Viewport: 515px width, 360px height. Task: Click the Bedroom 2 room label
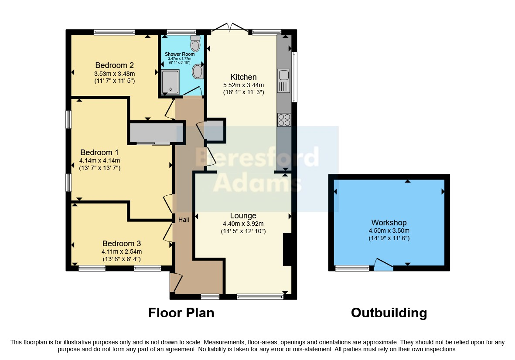pyautogui.click(x=114, y=65)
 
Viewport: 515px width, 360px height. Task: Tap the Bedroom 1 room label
pyautogui.click(x=99, y=153)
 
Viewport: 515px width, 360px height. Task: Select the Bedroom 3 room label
pyautogui.click(x=122, y=244)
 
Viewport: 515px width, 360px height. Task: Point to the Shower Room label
pyautogui.click(x=180, y=54)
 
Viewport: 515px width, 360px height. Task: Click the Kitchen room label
pyautogui.click(x=243, y=77)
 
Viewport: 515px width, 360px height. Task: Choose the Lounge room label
pyautogui.click(x=243, y=216)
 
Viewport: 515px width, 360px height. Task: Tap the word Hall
pyautogui.click(x=184, y=220)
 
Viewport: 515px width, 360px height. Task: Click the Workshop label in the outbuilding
pyautogui.click(x=389, y=223)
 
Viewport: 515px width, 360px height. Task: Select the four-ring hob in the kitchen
pyautogui.click(x=284, y=120)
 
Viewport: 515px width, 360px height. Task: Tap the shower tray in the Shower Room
pyautogui.click(x=171, y=82)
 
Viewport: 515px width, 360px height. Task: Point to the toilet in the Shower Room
pyautogui.click(x=195, y=43)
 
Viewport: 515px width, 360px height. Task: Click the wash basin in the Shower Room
pyautogui.click(x=198, y=71)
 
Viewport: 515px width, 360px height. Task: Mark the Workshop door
pyautogui.click(x=384, y=265)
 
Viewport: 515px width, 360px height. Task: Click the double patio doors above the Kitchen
pyautogui.click(x=229, y=27)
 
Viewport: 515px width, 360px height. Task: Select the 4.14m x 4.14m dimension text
pyautogui.click(x=99, y=161)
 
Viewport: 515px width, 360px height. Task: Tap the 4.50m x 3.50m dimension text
pyautogui.click(x=389, y=231)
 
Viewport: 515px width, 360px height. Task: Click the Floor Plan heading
pyautogui.click(x=181, y=313)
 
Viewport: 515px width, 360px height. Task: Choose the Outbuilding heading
pyautogui.click(x=389, y=313)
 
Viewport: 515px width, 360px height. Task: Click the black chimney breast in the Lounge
pyautogui.click(x=287, y=249)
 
